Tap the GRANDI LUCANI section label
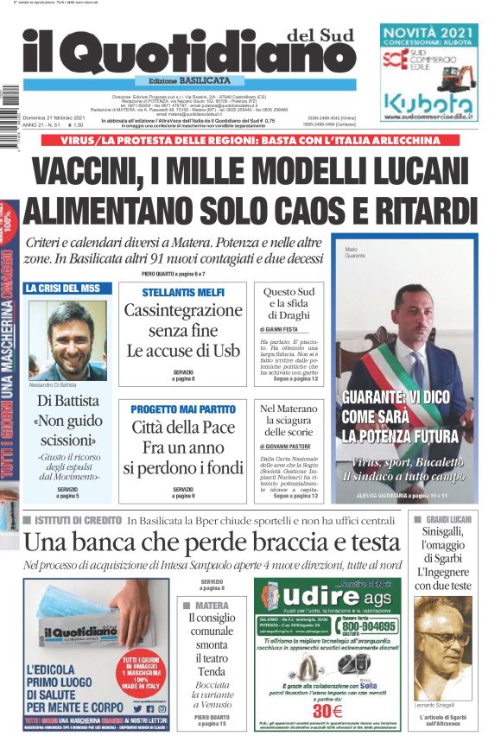[x=453, y=519]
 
